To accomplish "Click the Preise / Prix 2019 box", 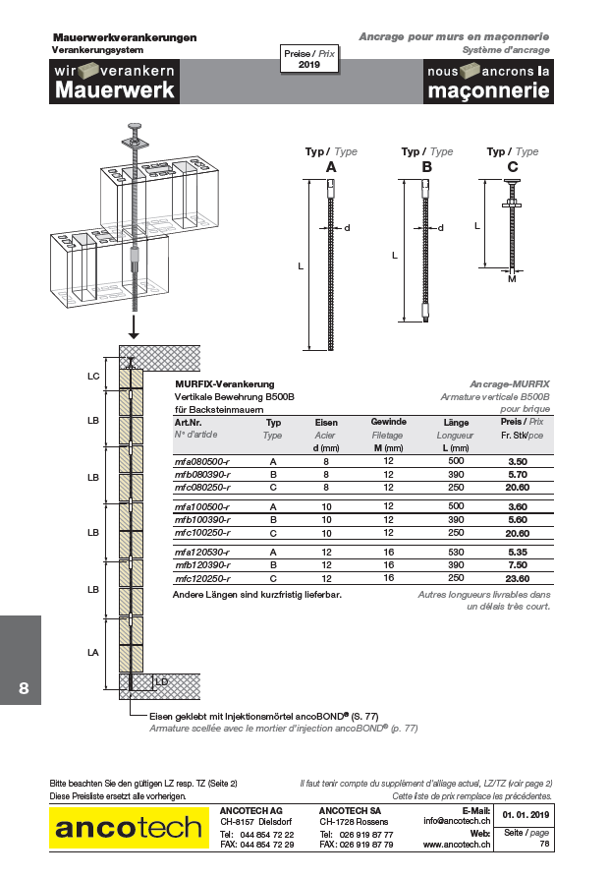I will tap(309, 59).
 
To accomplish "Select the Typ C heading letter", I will tap(513, 168).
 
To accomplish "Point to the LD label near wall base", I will tap(161, 680).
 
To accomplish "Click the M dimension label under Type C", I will tap(512, 279).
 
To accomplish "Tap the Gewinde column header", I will tap(388, 422).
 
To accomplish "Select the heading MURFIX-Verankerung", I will tap(224, 383).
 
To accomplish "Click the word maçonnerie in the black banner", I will tap(487, 90).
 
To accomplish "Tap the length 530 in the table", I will tap(455, 553).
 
